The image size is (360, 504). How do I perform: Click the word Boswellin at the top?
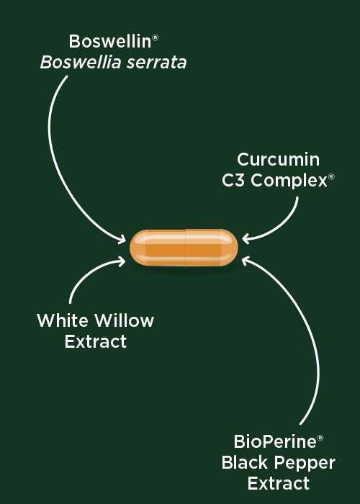pyautogui.click(x=110, y=42)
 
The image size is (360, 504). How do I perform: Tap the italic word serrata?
pyautogui.click(x=156, y=63)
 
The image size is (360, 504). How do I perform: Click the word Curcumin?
pyautogui.click(x=279, y=159)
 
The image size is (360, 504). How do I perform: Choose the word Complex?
pyautogui.click(x=289, y=181)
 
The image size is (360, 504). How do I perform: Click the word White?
pyautogui.click(x=63, y=320)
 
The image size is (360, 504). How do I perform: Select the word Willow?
pyautogui.click(x=125, y=320)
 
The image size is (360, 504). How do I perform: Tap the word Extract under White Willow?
pyautogui.click(x=96, y=341)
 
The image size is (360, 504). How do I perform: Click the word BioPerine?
pyautogui.click(x=275, y=441)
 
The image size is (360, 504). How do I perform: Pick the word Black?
pyautogui.click(x=245, y=462)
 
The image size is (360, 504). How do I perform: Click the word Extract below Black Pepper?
pyautogui.click(x=279, y=483)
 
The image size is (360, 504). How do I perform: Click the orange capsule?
pyautogui.click(x=184, y=248)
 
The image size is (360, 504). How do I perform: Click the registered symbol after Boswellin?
pyautogui.click(x=155, y=37)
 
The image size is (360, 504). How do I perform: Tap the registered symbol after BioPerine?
pyautogui.click(x=320, y=438)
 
